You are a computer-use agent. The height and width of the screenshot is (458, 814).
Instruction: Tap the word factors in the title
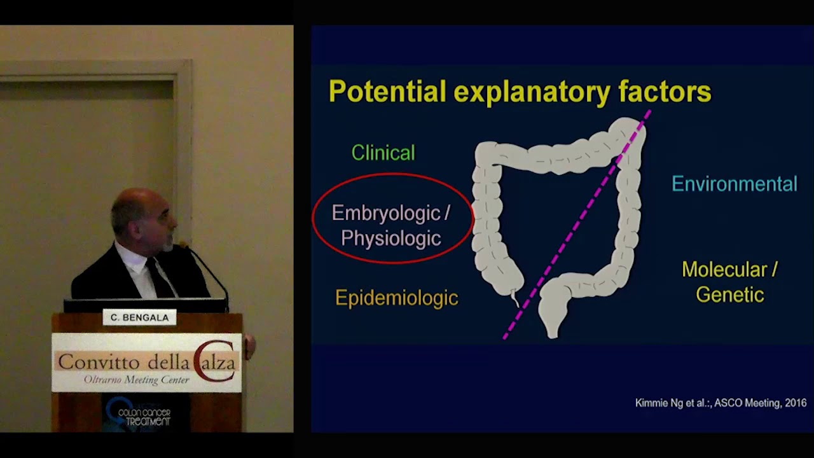[665, 92]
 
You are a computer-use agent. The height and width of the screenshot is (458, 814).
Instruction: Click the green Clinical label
[383, 153]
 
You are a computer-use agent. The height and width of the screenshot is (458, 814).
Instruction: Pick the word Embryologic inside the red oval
[386, 213]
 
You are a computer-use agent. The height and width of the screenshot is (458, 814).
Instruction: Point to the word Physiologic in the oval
[390, 239]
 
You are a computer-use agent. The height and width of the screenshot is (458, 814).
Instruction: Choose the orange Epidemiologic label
[396, 298]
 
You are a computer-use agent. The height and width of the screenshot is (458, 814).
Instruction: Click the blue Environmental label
[734, 184]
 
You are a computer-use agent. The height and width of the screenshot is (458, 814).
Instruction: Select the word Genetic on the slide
[729, 295]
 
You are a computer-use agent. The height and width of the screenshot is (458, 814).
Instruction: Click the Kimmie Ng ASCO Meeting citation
[721, 403]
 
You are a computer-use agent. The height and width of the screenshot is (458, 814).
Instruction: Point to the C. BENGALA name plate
[139, 317]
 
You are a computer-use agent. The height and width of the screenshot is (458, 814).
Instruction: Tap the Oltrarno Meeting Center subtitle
[136, 380]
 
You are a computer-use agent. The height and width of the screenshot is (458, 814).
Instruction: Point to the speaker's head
[143, 216]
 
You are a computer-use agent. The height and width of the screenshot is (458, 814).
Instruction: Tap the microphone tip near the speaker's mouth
[183, 245]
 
